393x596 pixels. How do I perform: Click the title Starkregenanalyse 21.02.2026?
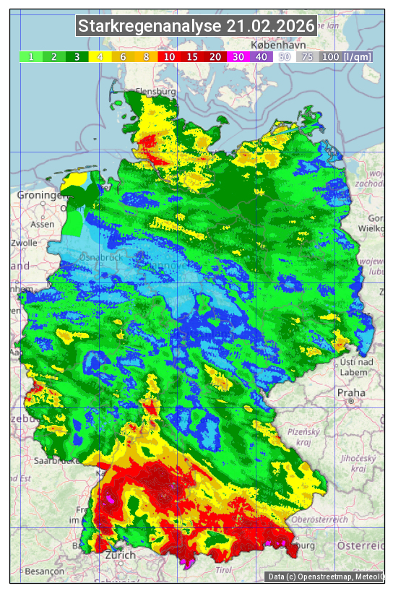coord(196,27)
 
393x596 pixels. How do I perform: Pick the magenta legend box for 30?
coord(237,56)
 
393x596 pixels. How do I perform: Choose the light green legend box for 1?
coord(30,56)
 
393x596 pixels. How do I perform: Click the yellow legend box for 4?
coord(100,56)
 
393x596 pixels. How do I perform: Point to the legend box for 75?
coord(307,56)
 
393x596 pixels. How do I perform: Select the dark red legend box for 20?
coord(215,56)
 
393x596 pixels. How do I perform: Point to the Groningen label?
coord(40,195)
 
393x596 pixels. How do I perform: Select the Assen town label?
coord(43,224)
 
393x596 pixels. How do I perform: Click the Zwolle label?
coord(23,243)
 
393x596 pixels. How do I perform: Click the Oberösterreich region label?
coord(320,519)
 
